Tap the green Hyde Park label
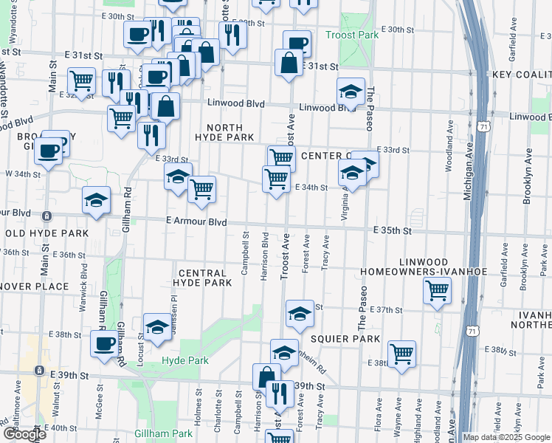click(x=184, y=360)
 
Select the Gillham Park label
click(x=163, y=433)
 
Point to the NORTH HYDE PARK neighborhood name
click(x=224, y=132)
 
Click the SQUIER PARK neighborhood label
click(x=345, y=338)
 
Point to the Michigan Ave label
click(x=468, y=170)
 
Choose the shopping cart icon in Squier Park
click(x=402, y=353)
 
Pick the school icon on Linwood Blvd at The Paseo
click(x=351, y=91)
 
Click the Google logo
click(x=24, y=435)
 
